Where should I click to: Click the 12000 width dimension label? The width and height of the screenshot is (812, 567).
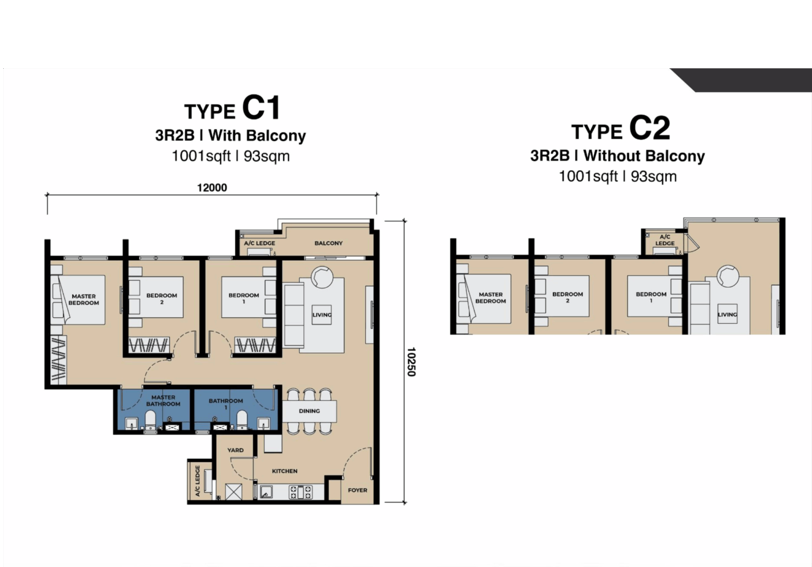coord(212,188)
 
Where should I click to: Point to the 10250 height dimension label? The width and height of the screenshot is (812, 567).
coord(411,362)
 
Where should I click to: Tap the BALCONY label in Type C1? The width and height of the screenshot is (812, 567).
coord(328,243)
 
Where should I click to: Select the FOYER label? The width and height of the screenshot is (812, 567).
coord(357,490)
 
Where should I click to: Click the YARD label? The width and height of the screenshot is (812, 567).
coord(235,450)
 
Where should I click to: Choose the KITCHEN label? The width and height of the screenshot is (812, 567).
coord(284,471)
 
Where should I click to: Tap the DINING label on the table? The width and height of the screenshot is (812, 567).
coord(309,411)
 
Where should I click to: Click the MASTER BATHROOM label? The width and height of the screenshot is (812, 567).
coord(163,400)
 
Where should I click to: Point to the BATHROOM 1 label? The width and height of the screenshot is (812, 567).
coord(226,404)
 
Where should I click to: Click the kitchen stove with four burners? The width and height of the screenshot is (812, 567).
coord(300,492)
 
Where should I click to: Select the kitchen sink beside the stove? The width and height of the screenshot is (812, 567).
coord(266,492)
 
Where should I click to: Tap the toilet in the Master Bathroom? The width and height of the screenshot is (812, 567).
coord(150,420)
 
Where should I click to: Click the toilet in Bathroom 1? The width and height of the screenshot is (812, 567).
coord(242,420)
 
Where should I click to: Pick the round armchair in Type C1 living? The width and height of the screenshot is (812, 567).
coord(321,277)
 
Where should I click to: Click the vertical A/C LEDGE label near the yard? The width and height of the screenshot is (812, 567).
coord(198,481)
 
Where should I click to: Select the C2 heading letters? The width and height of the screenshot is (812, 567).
coord(650,128)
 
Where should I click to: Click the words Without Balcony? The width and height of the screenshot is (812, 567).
coord(644,156)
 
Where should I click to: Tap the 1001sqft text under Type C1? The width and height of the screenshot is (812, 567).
coord(201,156)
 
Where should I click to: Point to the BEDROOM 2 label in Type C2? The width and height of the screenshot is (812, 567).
coord(568,297)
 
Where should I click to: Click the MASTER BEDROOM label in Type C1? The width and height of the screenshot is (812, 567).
coord(84,299)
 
